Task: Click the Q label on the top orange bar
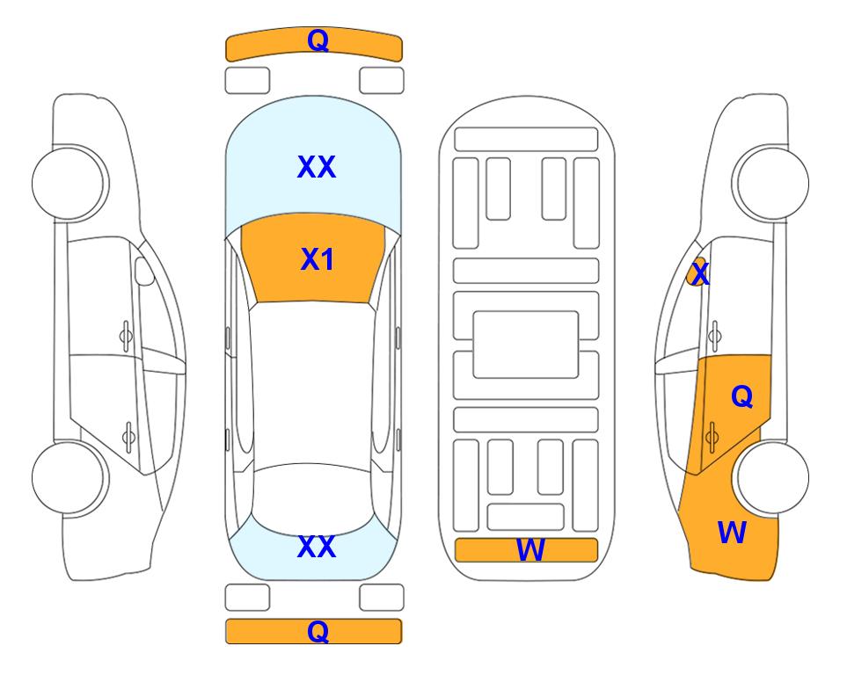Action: pyautogui.click(x=318, y=40)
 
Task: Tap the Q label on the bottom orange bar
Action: pyautogui.click(x=318, y=631)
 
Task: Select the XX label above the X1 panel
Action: pyautogui.click(x=316, y=167)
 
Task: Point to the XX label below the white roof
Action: pyautogui.click(x=316, y=547)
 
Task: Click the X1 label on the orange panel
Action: pyautogui.click(x=317, y=259)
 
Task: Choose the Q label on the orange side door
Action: pyautogui.click(x=741, y=397)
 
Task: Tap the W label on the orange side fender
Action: pyautogui.click(x=732, y=532)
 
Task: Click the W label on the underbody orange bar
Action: pyautogui.click(x=530, y=550)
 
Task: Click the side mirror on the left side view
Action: pyautogui.click(x=143, y=272)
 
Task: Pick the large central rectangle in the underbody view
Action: pyautogui.click(x=526, y=344)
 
